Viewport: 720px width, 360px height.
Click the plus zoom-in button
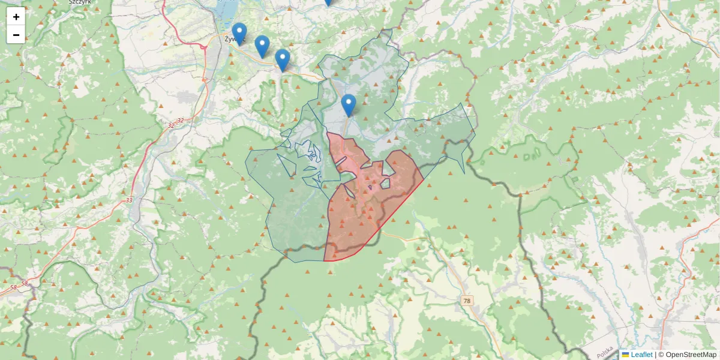(x=16, y=17)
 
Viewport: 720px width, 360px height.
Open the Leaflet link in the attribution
(x=641, y=355)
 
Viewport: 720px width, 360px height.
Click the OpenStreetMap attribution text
(x=691, y=355)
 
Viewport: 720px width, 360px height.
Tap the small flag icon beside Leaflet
(x=625, y=355)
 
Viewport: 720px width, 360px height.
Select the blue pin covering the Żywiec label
(x=239, y=33)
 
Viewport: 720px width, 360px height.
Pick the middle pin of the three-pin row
(x=262, y=46)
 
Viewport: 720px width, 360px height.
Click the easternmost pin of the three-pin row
(x=283, y=59)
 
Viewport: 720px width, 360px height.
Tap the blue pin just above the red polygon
(x=349, y=104)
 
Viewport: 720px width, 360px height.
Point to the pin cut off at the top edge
(x=328, y=2)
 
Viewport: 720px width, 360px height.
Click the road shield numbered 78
(x=467, y=300)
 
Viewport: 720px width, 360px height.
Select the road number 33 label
(x=130, y=200)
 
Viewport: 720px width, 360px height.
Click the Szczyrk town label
(x=80, y=2)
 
